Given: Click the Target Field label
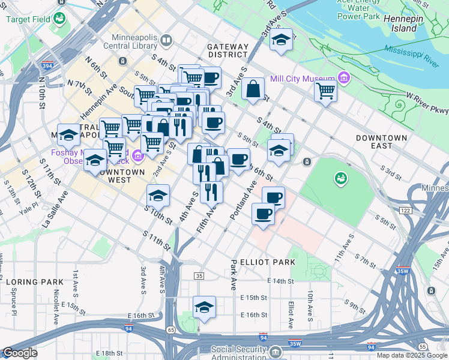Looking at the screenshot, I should (x=28, y=19).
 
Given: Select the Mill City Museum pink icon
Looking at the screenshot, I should (x=343, y=77).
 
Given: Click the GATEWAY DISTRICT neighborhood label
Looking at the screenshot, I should (x=228, y=50).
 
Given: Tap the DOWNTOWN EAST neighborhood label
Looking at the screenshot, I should (x=381, y=142).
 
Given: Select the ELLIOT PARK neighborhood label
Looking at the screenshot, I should (x=267, y=262).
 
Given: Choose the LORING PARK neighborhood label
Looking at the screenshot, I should (x=35, y=281).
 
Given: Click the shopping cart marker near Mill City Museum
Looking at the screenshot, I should (x=325, y=91).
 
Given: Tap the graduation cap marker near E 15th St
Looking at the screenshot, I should (x=204, y=307).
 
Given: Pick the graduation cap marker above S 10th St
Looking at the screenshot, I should (x=158, y=195).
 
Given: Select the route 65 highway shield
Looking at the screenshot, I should (x=171, y=329).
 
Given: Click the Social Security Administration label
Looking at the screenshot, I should (x=238, y=353).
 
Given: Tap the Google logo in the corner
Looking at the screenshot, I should (x=20, y=353).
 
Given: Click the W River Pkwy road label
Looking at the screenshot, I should (x=427, y=103).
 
